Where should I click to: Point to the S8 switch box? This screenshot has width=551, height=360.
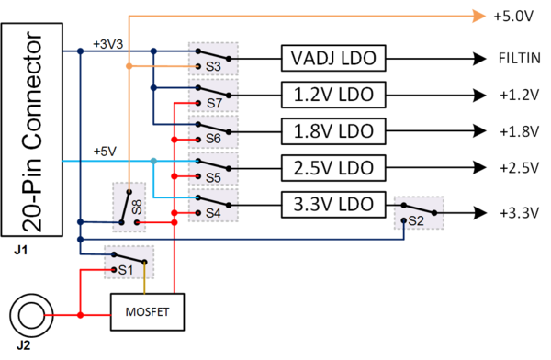click(x=129, y=207)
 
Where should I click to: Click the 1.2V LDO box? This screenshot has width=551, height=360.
click(x=332, y=94)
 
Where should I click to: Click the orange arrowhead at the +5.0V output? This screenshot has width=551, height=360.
click(x=478, y=15)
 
